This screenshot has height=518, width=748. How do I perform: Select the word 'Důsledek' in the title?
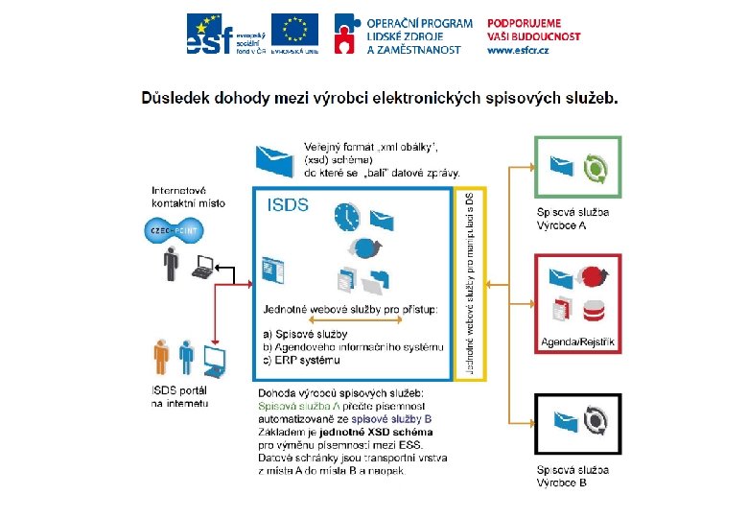pyautogui.click(x=178, y=97)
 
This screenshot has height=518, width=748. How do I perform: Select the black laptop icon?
pyautogui.click(x=202, y=268)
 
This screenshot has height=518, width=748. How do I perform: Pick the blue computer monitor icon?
pyautogui.click(x=215, y=360)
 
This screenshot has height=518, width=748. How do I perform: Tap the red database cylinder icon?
pyautogui.click(x=595, y=310)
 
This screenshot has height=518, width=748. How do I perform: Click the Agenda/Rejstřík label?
pyautogui.click(x=578, y=341)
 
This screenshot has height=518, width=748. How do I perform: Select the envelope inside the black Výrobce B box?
pyautogui.click(x=561, y=420)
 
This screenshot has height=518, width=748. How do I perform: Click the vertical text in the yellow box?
pyautogui.click(x=470, y=284)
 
